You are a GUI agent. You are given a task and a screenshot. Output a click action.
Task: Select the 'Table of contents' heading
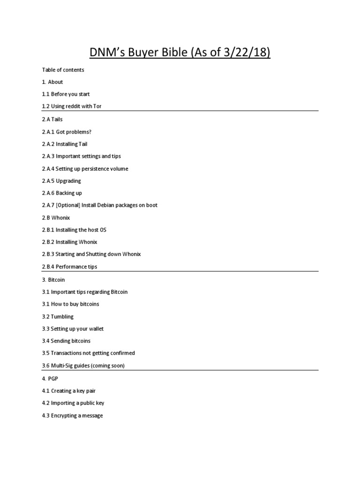pyautogui.click(x=63, y=70)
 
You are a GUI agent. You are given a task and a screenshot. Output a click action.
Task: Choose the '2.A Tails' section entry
pyautogui.click(x=52, y=120)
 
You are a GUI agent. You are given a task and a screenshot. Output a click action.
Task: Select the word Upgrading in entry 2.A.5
pyautogui.click(x=68, y=181)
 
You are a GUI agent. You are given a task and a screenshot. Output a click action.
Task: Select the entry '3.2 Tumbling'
pyautogui.click(x=58, y=316)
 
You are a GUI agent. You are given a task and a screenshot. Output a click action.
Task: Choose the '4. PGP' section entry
pyautogui.click(x=50, y=378)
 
